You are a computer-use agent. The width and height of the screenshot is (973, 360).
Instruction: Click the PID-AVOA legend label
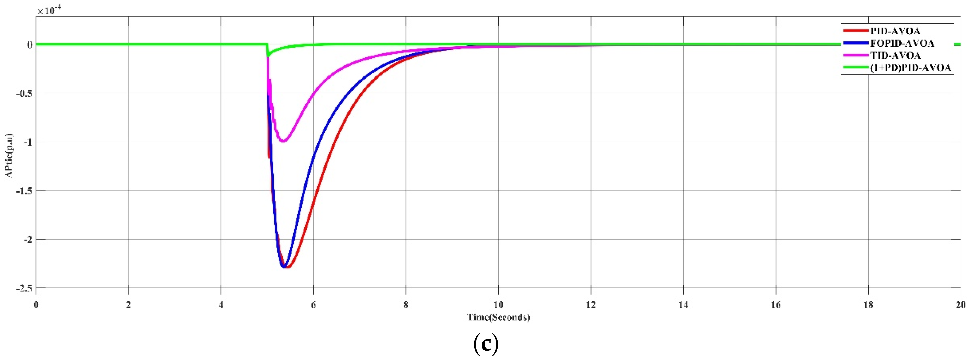895,31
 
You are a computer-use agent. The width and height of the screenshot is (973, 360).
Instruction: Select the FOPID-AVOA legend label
902,44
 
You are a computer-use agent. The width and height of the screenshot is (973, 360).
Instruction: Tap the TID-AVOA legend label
895,56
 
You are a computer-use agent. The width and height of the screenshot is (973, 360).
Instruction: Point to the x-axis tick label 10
498,304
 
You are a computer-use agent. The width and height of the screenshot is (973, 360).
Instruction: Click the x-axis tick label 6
313,304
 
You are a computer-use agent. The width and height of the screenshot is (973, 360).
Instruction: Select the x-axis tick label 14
683,304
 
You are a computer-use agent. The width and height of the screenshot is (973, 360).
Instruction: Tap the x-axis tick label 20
960,304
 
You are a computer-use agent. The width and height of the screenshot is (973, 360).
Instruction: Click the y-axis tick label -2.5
24,288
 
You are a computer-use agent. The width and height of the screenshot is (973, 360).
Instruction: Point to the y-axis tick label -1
27,142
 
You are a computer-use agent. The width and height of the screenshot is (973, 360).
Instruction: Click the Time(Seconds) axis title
498,317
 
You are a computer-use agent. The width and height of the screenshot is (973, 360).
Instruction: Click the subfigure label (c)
486,343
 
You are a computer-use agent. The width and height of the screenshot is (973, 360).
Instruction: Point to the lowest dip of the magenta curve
283,141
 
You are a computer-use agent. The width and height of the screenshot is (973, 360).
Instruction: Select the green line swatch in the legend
855,68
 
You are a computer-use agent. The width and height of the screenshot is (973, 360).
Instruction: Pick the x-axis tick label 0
36,304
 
